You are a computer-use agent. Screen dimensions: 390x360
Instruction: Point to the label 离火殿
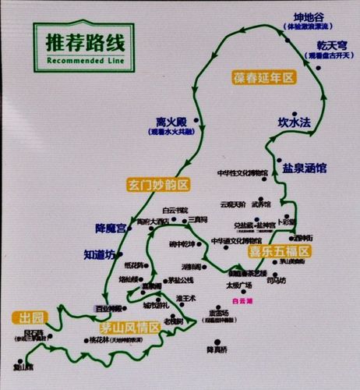pos(171,122)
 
